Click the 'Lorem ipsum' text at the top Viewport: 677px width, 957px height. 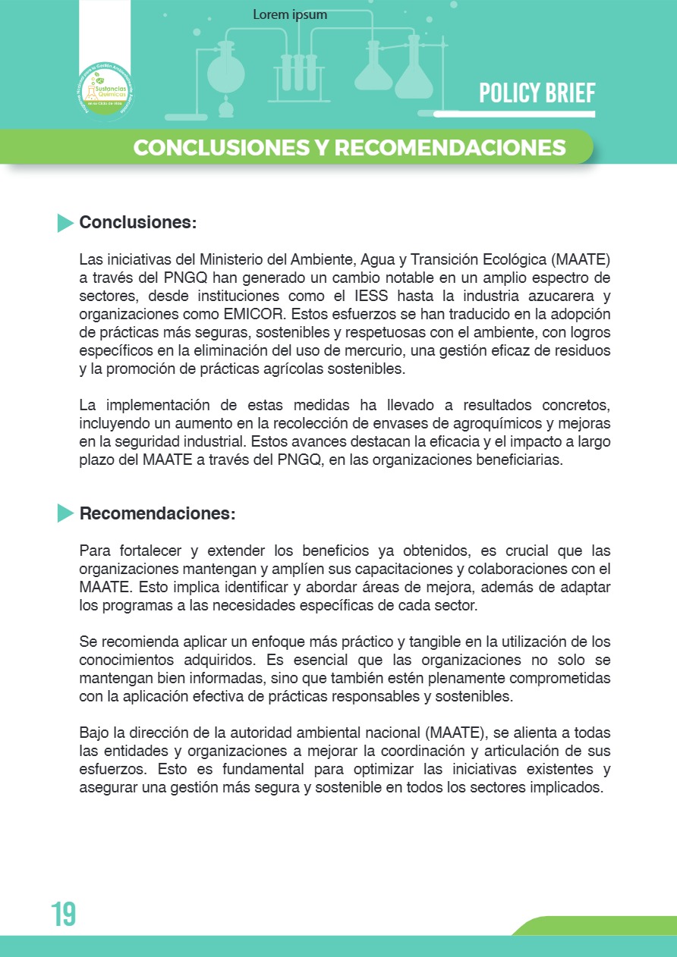point(290,15)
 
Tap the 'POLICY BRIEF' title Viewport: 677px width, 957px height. point(537,93)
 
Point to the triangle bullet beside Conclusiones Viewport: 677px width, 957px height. point(65,223)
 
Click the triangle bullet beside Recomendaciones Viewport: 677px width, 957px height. point(65,513)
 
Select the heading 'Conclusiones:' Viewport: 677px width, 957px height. point(138,223)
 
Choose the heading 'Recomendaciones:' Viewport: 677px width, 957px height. point(157,513)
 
